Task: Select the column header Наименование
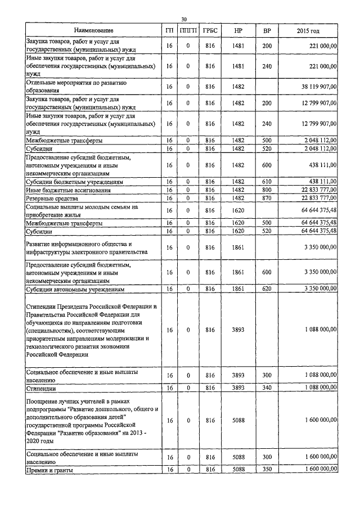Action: click(93, 30)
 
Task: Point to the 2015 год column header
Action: click(311, 30)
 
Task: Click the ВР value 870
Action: click(267, 199)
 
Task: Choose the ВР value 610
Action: click(267, 182)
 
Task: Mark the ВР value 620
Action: click(267, 289)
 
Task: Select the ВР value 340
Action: click(267, 388)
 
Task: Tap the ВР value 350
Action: click(267, 469)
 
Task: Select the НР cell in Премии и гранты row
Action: click(238, 469)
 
